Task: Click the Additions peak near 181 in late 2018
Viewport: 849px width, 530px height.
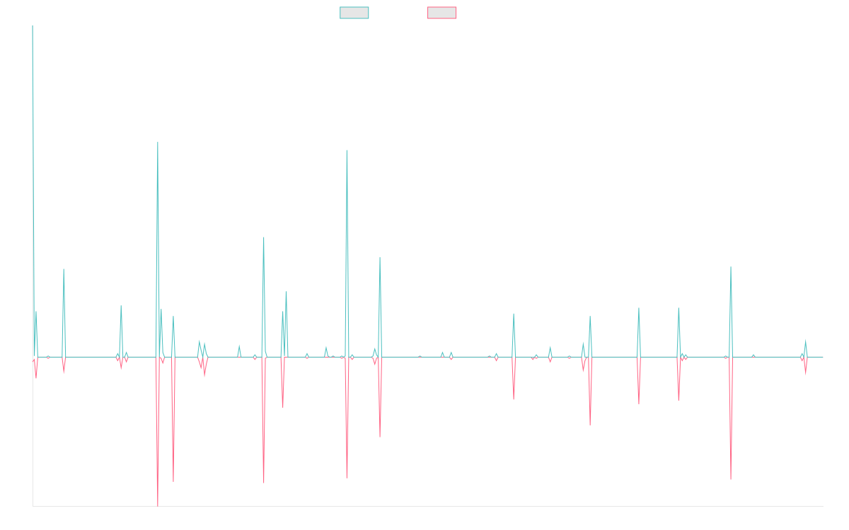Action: [158, 142]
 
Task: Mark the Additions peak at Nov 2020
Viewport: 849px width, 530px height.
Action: [347, 149]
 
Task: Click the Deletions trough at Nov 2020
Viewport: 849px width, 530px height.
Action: [347, 478]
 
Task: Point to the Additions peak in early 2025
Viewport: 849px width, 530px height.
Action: [731, 267]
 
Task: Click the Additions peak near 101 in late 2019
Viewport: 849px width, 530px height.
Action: [264, 237]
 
